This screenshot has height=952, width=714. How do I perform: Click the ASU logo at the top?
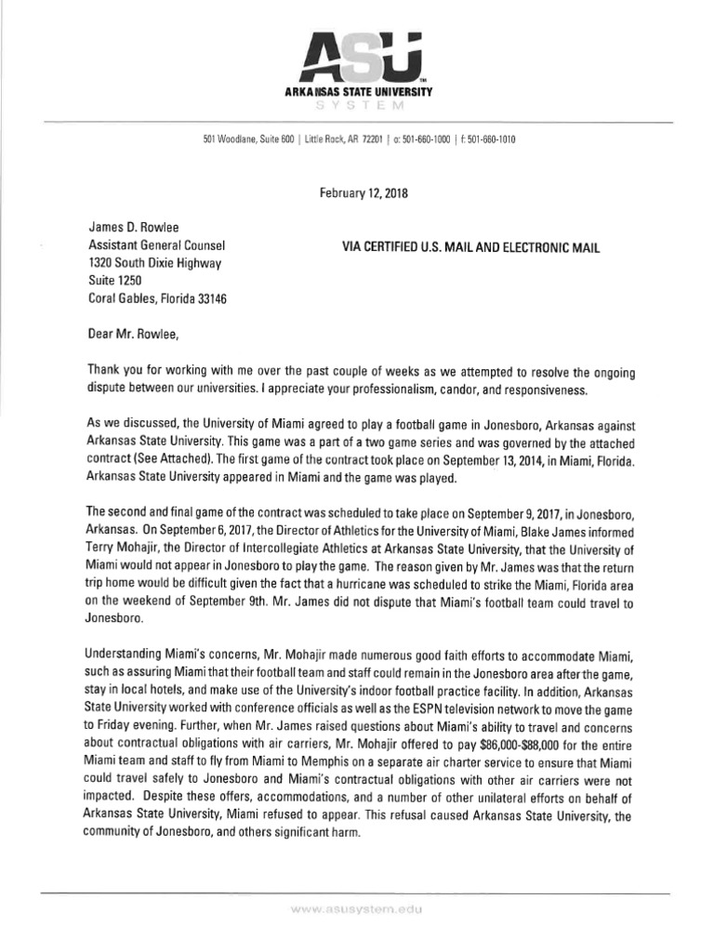357,58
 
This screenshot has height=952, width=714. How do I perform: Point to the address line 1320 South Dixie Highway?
155,263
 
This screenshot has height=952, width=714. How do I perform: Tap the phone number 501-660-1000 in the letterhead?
425,139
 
